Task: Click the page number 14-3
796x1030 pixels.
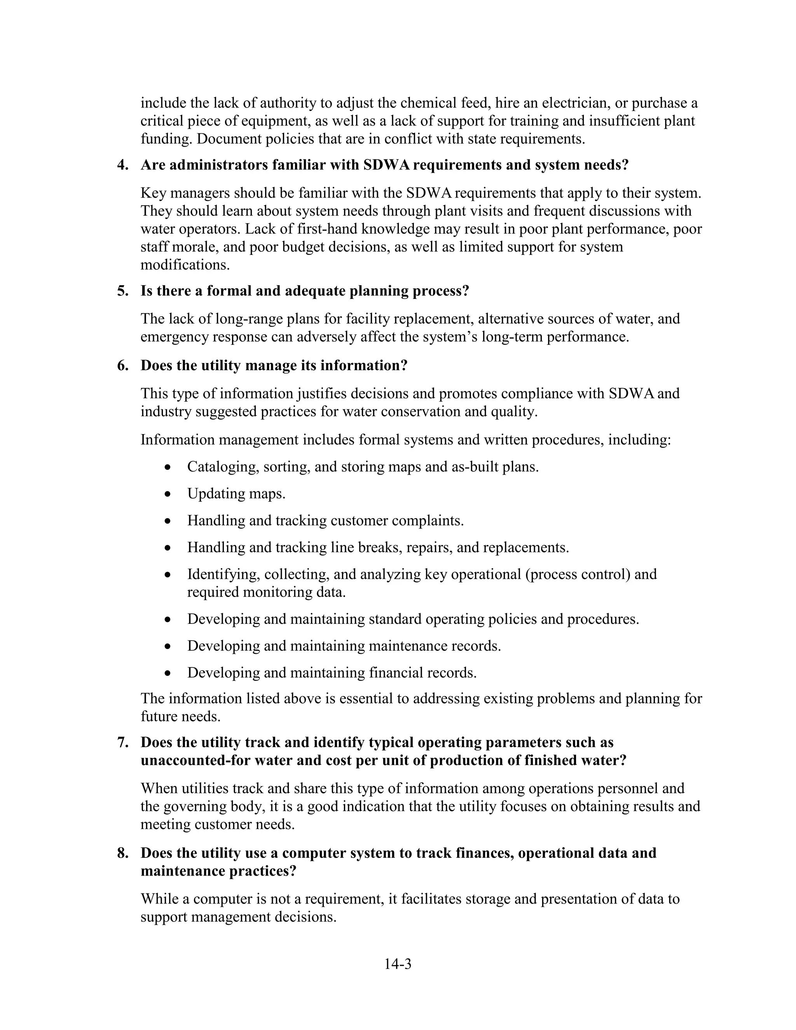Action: tap(398, 964)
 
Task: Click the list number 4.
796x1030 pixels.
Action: tap(122, 165)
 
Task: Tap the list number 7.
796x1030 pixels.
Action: tap(122, 742)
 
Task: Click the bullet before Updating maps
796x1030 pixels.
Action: tap(168, 494)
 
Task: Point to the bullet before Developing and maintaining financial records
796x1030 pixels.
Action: tap(168, 673)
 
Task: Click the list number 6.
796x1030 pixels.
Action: tap(122, 366)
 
